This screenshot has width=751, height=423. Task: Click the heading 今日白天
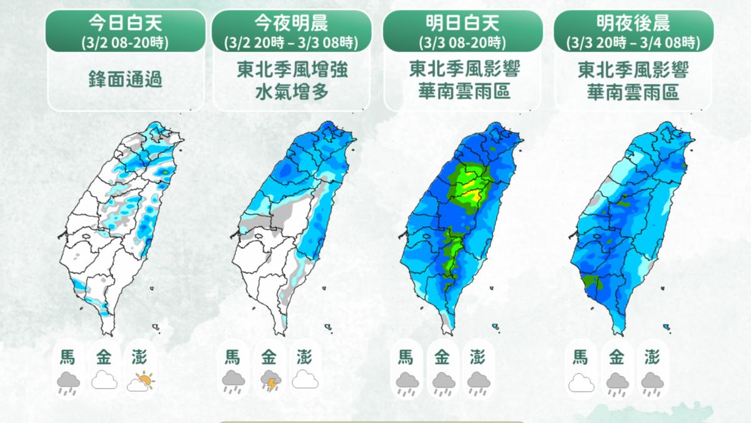tap(126, 24)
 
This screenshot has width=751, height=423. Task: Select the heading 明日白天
tap(462, 24)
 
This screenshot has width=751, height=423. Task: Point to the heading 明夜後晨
tap(633, 24)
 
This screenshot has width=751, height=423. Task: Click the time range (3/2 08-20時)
tap(126, 43)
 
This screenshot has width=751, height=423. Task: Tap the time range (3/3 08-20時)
tap(462, 43)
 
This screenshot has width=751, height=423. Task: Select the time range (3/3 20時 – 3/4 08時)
tap(633, 43)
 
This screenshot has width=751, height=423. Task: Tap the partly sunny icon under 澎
tap(141, 381)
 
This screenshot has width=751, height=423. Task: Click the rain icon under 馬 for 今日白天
tap(68, 382)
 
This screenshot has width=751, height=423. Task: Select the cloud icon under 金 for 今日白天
tap(105, 381)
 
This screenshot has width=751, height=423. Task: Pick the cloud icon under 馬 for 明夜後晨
tap(580, 382)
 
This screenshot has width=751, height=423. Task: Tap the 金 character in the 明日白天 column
tap(442, 358)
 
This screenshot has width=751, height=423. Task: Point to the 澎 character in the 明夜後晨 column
tap(653, 358)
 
